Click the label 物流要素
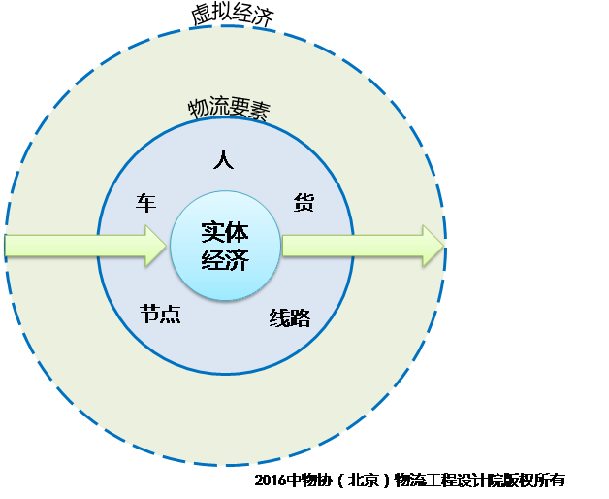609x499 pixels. [229, 108]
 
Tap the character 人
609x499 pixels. [223, 159]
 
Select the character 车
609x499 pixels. [145, 203]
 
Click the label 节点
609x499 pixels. [160, 316]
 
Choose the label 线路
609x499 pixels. [290, 316]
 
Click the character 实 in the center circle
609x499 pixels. [212, 233]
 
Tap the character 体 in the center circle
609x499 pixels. [237, 233]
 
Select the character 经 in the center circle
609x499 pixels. [212, 260]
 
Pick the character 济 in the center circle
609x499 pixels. [237, 260]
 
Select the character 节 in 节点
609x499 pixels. [149, 316]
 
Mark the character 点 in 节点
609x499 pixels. [171, 316]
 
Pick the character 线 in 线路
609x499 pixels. [279, 316]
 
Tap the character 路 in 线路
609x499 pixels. [301, 316]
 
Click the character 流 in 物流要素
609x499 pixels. [219, 107]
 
